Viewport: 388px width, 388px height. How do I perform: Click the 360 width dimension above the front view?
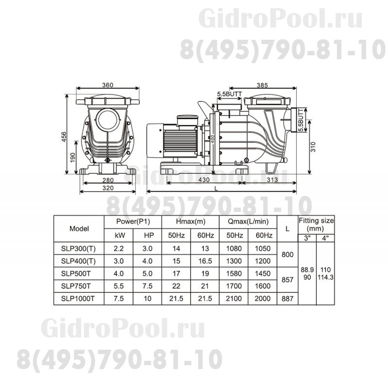pyautogui.click(x=108, y=85)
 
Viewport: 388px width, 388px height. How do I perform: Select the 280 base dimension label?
pyautogui.click(x=108, y=181)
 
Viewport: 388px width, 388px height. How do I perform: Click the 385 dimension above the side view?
pyautogui.click(x=276, y=85)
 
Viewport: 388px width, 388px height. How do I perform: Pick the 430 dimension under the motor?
pyautogui.click(x=204, y=180)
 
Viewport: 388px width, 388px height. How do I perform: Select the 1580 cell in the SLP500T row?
pyautogui.click(x=234, y=274)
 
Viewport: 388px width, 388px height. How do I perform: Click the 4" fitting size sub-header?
pyautogui.click(x=325, y=238)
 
